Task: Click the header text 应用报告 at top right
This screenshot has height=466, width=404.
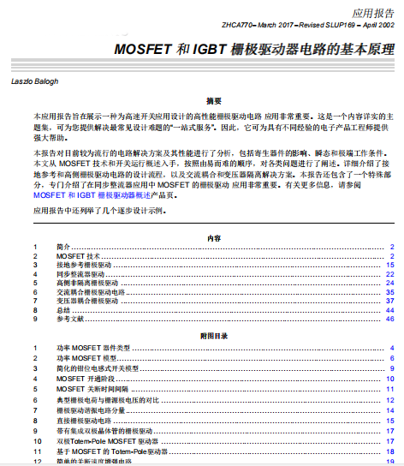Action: [x=371, y=14]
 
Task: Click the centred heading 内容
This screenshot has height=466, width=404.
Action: [x=214, y=237]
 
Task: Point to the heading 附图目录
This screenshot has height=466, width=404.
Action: [x=214, y=338]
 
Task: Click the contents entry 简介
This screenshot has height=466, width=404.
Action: [x=63, y=247]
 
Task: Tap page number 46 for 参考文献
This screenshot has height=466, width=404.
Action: [x=389, y=318]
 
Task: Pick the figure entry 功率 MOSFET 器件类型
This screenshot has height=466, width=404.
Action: [x=93, y=347]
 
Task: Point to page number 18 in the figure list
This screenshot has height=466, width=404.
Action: [x=389, y=451]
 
